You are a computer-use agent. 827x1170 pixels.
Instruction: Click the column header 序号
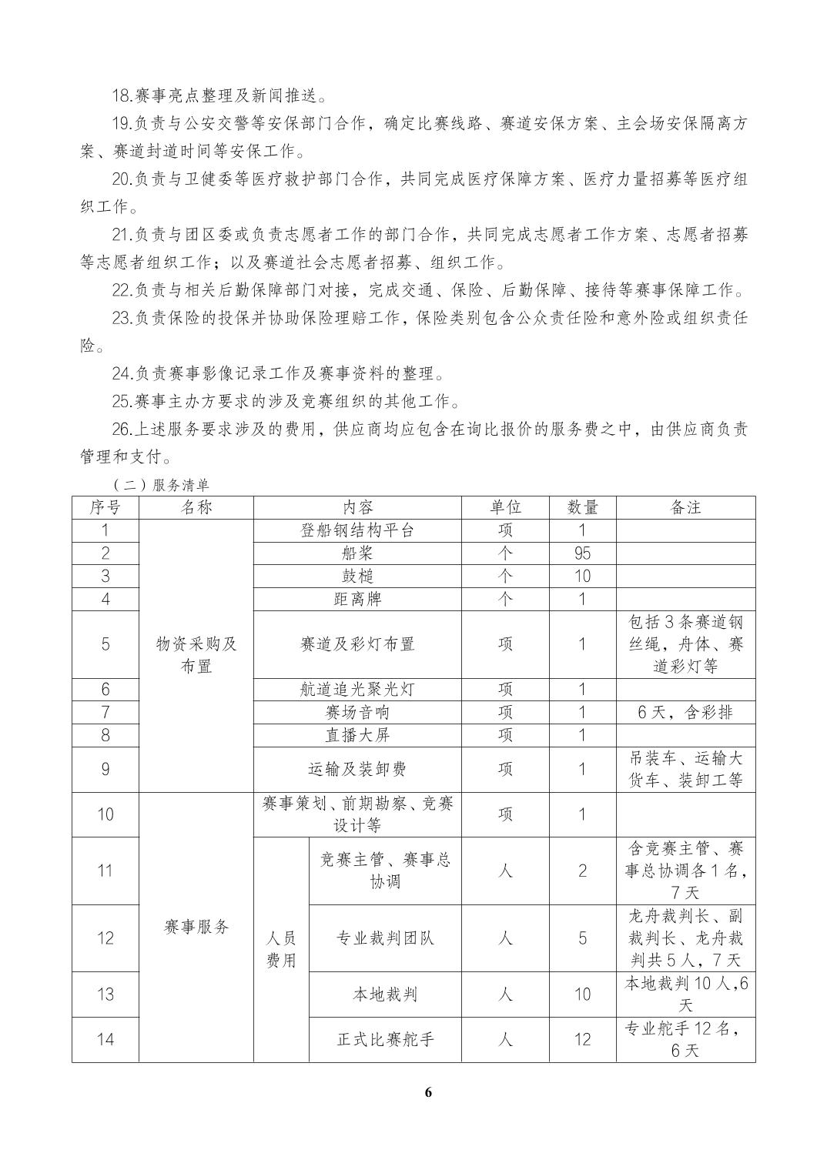(x=105, y=507)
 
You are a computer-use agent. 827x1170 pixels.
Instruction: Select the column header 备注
(x=685, y=507)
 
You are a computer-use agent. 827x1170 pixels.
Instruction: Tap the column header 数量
(x=582, y=507)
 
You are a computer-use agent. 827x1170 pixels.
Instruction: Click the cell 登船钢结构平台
(x=357, y=530)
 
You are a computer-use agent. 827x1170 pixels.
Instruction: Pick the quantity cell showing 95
(x=582, y=553)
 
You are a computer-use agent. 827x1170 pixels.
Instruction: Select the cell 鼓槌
(x=357, y=577)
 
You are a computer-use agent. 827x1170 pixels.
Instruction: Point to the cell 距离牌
(x=357, y=599)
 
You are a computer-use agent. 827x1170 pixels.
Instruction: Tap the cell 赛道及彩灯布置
(x=357, y=644)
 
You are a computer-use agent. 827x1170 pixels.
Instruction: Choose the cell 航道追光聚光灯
(x=357, y=690)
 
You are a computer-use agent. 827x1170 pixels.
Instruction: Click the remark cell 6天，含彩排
(x=685, y=713)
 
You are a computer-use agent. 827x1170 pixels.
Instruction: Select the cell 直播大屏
(x=357, y=735)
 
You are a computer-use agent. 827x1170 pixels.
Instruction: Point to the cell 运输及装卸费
(x=357, y=769)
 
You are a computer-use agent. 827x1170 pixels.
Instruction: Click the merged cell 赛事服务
(x=196, y=927)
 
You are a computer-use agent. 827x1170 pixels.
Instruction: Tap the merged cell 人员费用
(x=281, y=949)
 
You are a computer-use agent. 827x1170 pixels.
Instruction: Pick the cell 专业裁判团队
(x=385, y=938)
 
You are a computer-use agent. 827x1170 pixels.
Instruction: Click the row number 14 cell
(x=105, y=1039)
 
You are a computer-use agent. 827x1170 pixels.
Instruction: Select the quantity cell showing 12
(x=582, y=1039)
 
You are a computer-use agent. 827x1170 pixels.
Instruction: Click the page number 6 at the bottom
(x=429, y=1093)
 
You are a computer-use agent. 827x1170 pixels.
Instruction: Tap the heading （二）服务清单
(x=160, y=486)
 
